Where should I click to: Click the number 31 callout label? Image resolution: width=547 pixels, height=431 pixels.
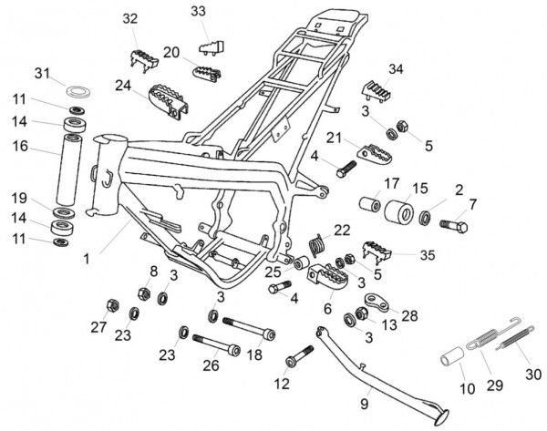pyautogui.click(x=43, y=72)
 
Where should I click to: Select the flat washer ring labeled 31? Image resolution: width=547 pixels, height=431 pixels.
pyautogui.click(x=79, y=91)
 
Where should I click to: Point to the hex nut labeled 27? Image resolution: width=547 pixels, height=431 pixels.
pyautogui.click(x=112, y=303)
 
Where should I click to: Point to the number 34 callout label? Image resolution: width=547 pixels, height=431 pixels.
pyautogui.click(x=395, y=69)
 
